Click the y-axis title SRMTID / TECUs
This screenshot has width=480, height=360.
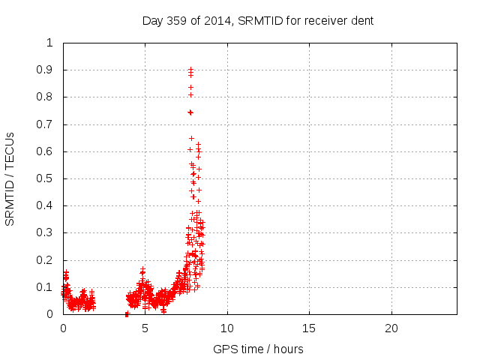click(x=10, y=178)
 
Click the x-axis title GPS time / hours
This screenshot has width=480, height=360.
click(x=258, y=349)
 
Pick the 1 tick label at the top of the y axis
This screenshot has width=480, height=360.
click(x=49, y=43)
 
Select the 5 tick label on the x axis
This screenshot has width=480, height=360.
click(x=145, y=328)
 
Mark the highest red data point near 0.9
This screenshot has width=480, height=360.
click(x=190, y=69)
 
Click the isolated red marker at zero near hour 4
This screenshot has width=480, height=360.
click(x=127, y=313)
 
